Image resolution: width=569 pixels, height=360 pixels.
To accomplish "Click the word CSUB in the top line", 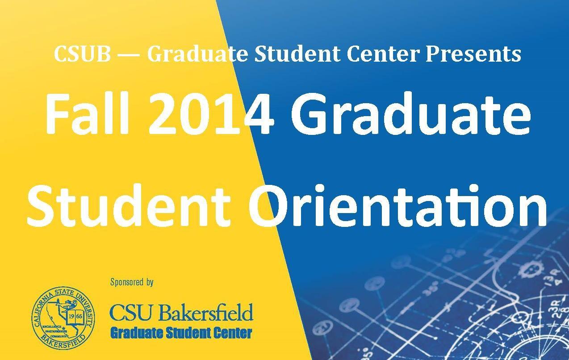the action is pyautogui.click(x=82, y=54).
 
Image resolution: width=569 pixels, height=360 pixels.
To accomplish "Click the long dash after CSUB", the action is pyautogui.click(x=129, y=55).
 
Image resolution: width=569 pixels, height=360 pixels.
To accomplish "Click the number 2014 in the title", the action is pyautogui.click(x=211, y=114).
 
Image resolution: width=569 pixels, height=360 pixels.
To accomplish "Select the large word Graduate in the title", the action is pyautogui.click(x=410, y=114).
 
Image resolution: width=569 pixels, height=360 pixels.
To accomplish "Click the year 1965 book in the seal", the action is pyautogui.click(x=75, y=317).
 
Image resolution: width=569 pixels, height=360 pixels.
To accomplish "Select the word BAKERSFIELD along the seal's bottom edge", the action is pyautogui.click(x=63, y=342).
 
